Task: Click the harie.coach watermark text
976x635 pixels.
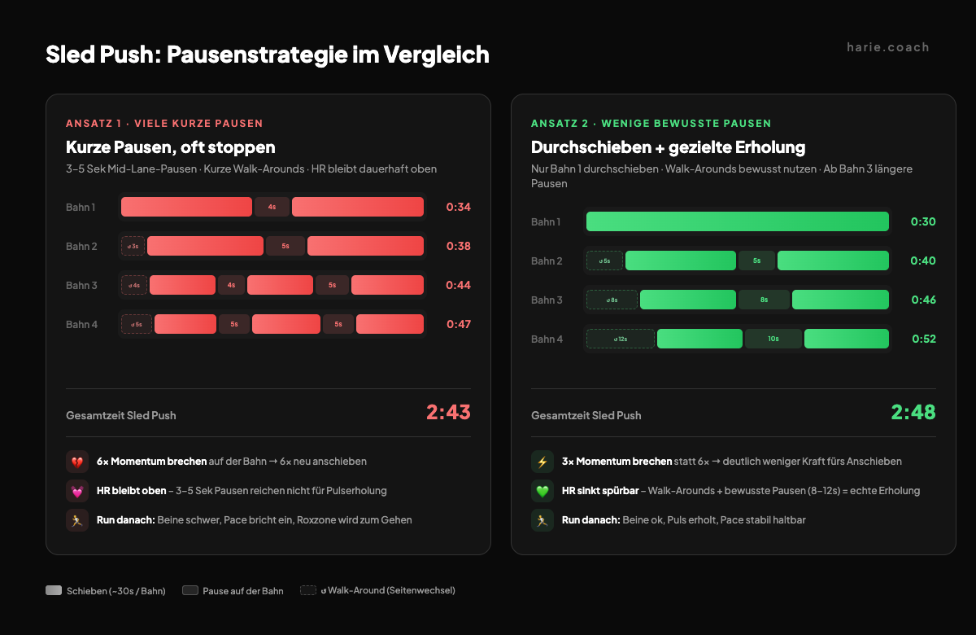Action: [x=887, y=47]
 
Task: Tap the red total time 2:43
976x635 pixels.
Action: [x=448, y=413]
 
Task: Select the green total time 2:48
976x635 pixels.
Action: [x=913, y=413]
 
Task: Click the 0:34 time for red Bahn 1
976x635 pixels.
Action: [x=458, y=207]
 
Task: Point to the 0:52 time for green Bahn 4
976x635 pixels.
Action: [x=923, y=339]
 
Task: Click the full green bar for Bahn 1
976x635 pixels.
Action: [x=737, y=221]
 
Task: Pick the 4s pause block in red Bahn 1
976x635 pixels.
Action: [x=272, y=207]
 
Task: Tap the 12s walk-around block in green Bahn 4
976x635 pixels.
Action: [x=620, y=339]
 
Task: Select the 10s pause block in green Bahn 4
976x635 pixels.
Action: [x=773, y=339]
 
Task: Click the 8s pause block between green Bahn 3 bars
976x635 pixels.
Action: [x=764, y=300]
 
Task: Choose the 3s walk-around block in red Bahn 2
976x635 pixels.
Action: [x=133, y=246]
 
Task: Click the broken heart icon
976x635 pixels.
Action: [x=77, y=462]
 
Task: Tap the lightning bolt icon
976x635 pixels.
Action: [x=542, y=462]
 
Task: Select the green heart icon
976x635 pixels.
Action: [x=542, y=491]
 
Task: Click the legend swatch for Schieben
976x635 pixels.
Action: [x=54, y=590]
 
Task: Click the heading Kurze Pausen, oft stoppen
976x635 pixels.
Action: [x=171, y=147]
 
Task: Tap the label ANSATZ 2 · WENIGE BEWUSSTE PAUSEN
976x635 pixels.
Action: [x=651, y=124]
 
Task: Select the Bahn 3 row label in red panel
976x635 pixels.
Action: [x=81, y=285]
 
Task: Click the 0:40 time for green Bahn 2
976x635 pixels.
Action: [x=923, y=261]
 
